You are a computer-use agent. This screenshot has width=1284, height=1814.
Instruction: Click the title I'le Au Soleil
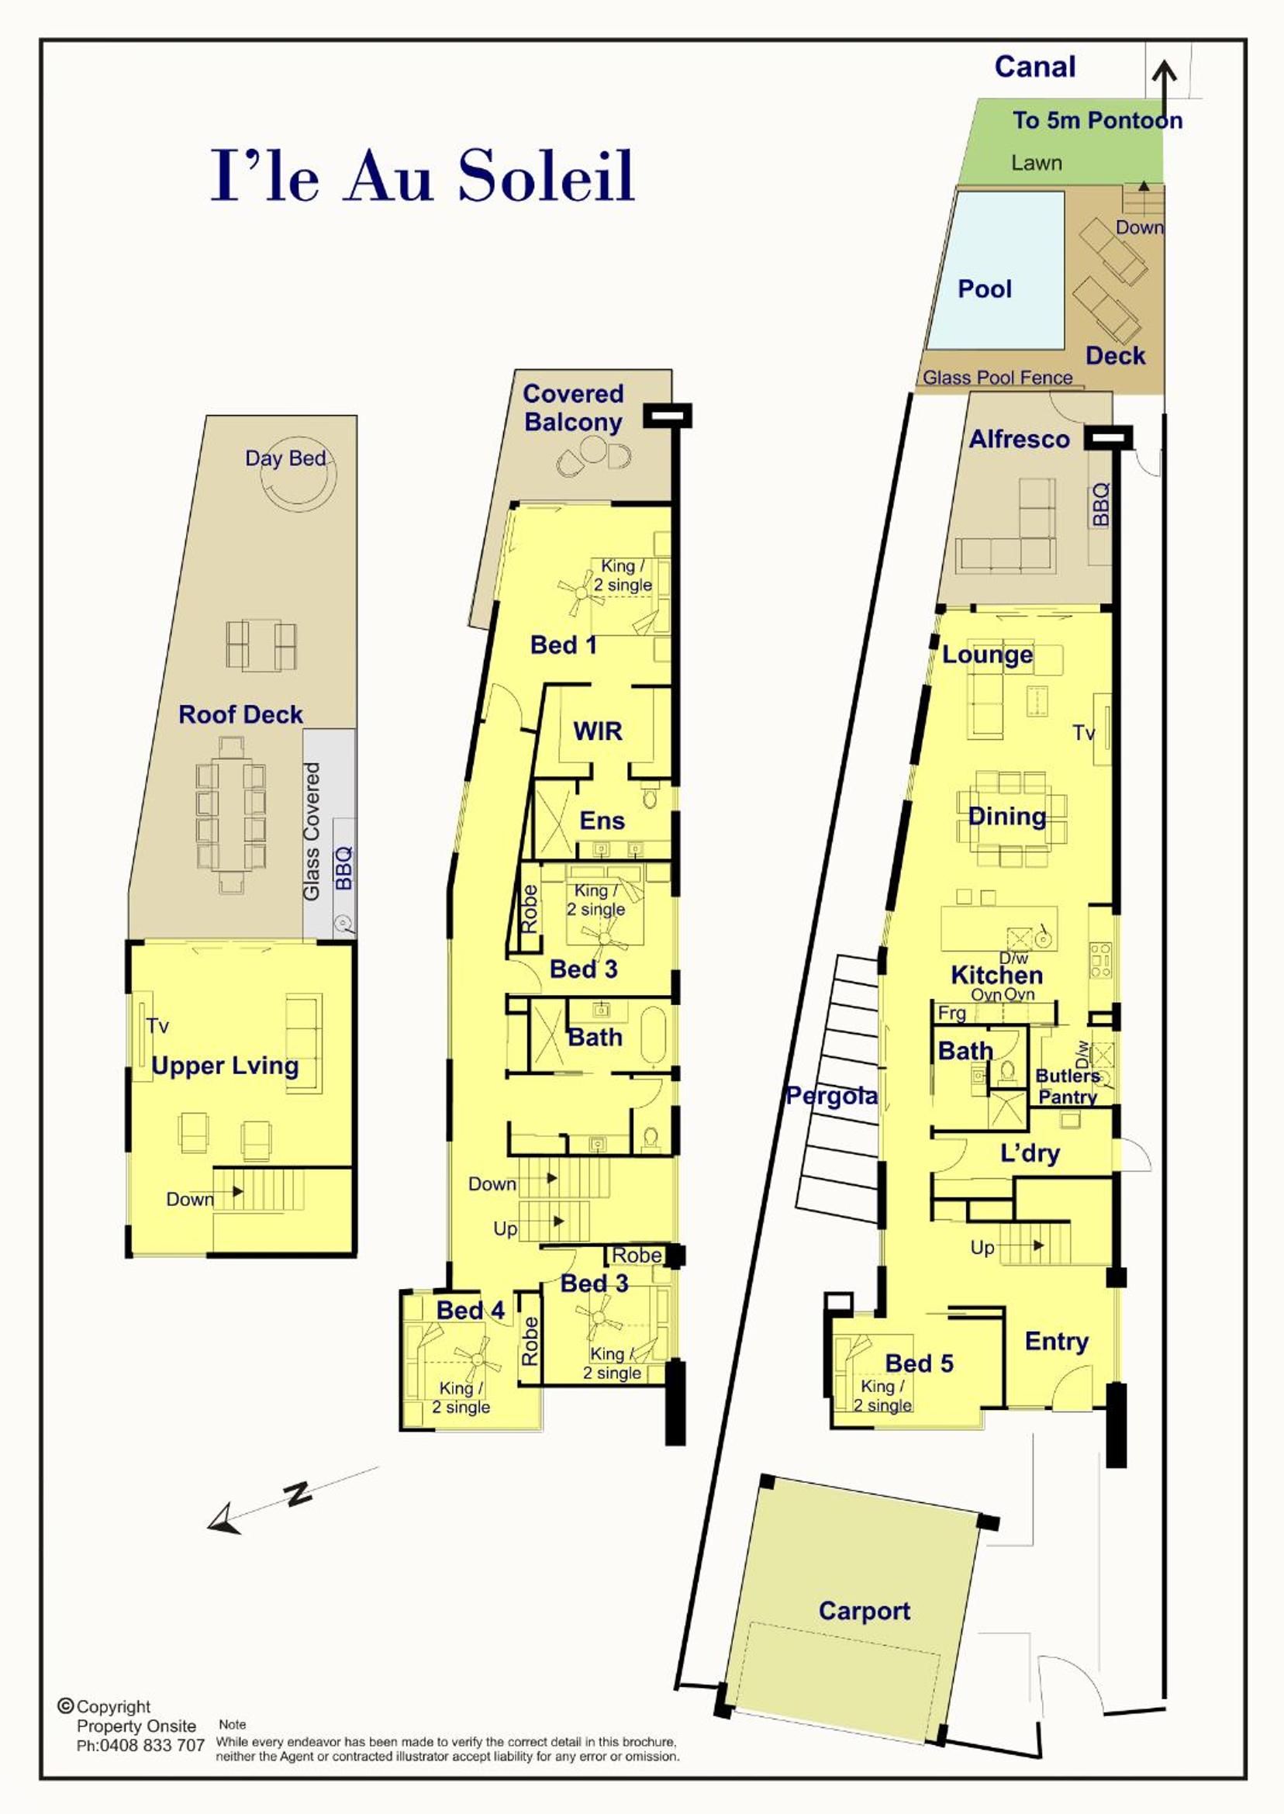[423, 175]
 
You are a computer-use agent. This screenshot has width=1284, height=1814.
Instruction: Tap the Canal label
[1035, 67]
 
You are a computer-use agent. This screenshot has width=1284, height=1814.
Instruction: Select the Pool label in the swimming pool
[985, 289]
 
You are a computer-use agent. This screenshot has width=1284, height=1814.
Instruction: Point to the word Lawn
[1037, 163]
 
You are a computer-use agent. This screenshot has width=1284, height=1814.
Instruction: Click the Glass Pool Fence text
[998, 378]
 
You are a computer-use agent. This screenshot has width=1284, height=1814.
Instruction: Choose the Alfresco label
[1019, 439]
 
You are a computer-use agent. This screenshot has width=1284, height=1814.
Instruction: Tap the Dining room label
[1007, 815]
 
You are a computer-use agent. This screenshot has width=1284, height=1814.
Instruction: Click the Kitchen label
[997, 975]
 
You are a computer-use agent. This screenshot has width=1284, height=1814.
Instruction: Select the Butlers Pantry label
[1068, 1087]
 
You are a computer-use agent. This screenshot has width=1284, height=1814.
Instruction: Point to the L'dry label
[1030, 1153]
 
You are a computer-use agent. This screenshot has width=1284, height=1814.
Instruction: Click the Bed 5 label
[919, 1363]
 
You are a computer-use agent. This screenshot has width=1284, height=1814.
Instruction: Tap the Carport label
[865, 1611]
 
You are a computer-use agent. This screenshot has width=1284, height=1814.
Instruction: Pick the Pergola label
[832, 1096]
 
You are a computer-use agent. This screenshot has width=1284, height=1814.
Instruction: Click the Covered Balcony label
[573, 407]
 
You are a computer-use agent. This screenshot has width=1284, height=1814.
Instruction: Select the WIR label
[598, 731]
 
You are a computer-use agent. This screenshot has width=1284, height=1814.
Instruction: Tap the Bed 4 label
[471, 1311]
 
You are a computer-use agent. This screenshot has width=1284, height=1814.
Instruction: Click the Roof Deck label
[240, 715]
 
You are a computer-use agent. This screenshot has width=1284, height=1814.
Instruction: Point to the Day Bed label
[285, 458]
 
